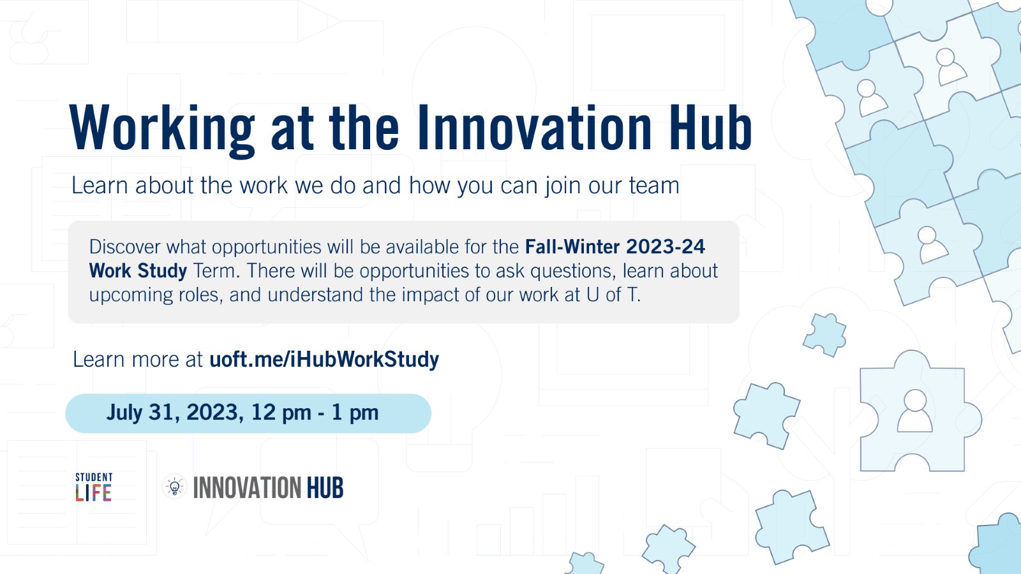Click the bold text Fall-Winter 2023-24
pyautogui.click(x=615, y=247)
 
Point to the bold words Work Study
pyautogui.click(x=138, y=271)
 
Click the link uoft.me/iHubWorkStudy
pyautogui.click(x=324, y=360)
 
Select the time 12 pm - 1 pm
pyautogui.click(x=315, y=413)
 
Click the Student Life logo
pyautogui.click(x=94, y=487)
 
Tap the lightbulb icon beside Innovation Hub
pyautogui.click(x=174, y=487)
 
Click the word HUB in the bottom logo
pyautogui.click(x=325, y=488)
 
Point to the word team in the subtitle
pyautogui.click(x=654, y=186)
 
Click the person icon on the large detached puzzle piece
pyautogui.click(x=915, y=411)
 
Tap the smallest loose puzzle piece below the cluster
pyautogui.click(x=825, y=334)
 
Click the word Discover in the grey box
pyautogui.click(x=125, y=247)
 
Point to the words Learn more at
pyautogui.click(x=137, y=360)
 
